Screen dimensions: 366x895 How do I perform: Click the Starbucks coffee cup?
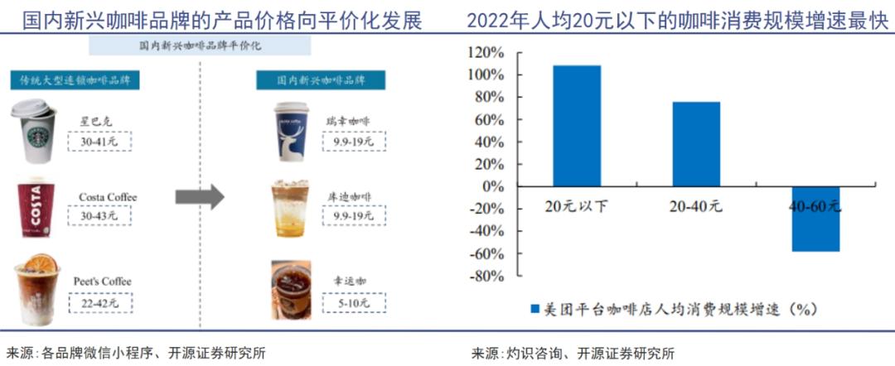pos(33,132)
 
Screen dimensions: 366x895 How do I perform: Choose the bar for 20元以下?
pos(577,126)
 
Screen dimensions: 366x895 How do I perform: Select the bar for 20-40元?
pos(696,144)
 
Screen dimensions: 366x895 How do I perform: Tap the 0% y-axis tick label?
pos(492,186)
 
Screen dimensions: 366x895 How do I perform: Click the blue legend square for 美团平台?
pos(534,309)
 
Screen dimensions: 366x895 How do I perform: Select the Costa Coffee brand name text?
pos(107,197)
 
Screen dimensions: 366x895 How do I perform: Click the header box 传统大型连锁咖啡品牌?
pos(75,80)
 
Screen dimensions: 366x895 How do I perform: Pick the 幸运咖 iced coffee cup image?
pos(291,291)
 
